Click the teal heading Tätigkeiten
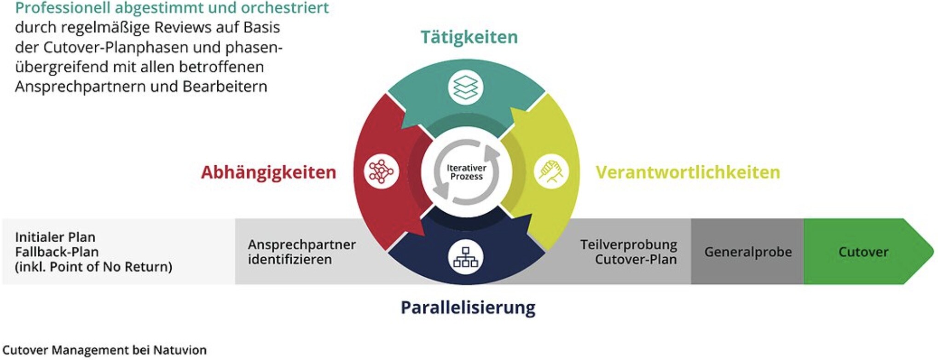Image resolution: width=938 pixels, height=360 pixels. [x=469, y=37]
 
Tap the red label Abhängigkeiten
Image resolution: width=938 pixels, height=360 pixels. [x=268, y=172]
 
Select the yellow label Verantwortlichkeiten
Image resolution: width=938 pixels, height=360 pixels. [x=688, y=172]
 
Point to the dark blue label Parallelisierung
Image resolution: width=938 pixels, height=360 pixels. [x=468, y=307]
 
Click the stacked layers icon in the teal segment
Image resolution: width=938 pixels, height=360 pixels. [x=465, y=87]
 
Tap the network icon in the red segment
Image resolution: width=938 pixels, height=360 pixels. [x=381, y=172]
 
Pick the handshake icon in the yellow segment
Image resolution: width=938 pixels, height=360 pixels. [x=551, y=172]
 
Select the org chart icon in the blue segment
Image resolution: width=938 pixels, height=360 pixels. [x=465, y=257]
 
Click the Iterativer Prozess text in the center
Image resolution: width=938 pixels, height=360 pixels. [x=466, y=172]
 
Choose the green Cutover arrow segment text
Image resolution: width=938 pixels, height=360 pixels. [x=863, y=252]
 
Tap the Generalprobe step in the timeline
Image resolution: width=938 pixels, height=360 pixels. [x=748, y=252]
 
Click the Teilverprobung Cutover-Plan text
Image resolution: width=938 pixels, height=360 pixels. [x=629, y=252]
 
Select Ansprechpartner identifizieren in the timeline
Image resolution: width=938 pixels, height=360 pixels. [x=301, y=252]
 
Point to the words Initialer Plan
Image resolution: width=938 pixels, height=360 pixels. [x=55, y=237]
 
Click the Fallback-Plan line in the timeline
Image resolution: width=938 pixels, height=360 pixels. [x=57, y=252]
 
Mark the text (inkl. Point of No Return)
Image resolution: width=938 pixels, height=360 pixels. [x=93, y=267]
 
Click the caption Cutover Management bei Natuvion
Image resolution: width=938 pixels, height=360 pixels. [x=104, y=350]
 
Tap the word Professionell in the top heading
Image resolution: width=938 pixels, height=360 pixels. [x=63, y=8]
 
